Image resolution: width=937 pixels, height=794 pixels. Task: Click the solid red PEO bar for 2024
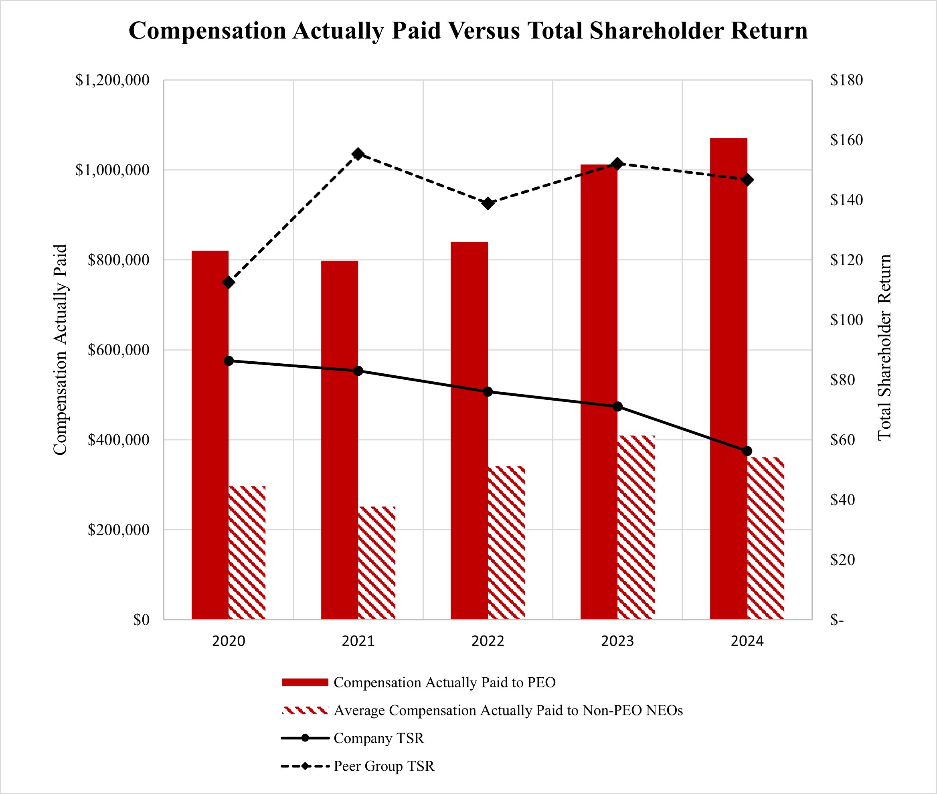728,378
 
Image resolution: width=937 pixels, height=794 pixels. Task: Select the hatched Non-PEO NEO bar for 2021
377,563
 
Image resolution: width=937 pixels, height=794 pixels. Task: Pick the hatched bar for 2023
636,527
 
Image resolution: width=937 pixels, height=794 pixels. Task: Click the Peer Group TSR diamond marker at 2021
358,154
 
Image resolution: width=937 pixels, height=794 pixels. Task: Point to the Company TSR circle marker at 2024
747,451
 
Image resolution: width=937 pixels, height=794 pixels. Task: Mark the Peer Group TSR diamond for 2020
229,282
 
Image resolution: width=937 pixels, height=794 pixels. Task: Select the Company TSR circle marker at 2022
488,392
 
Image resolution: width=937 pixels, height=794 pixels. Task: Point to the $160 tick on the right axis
846,140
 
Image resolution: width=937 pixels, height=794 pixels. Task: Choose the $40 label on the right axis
842,500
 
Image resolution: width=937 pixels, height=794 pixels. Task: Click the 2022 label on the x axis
488,641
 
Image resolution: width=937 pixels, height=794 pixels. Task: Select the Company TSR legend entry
378,738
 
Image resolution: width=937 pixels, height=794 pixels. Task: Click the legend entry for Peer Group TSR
384,766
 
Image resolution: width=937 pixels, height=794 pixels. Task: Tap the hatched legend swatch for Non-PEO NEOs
305,710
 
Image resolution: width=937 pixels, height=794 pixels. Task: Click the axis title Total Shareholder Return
885,347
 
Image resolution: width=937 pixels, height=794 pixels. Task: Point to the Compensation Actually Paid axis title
60,350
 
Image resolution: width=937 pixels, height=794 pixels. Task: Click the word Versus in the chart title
484,30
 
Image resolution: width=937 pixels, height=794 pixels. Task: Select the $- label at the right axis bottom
837,620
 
